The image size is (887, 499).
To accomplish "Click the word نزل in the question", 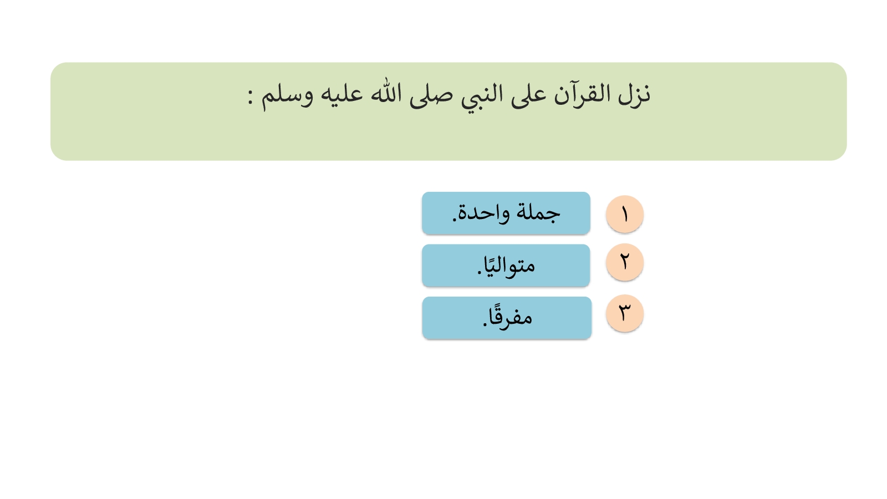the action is point(634,95).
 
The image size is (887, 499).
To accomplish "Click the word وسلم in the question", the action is point(287,96).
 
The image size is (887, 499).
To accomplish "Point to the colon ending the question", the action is point(250,97).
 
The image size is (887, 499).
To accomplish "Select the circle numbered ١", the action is point(624,214).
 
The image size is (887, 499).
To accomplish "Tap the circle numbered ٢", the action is point(624,262).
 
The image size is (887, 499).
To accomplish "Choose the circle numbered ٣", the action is point(624,313).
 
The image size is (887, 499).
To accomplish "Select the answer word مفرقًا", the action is point(511,316).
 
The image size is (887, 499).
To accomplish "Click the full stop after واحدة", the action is point(455,220).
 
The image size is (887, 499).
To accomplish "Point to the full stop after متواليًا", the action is point(480,272).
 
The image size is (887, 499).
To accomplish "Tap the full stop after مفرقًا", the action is point(485,324).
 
